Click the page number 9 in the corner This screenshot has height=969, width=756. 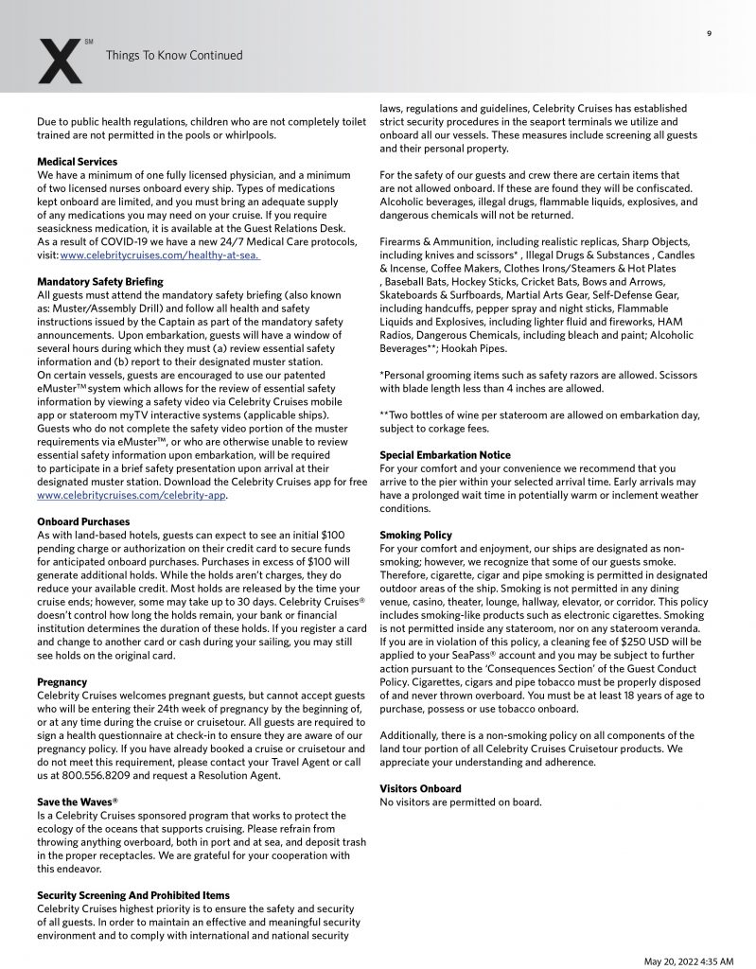[x=709, y=34]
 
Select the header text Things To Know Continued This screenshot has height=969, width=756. [x=174, y=56]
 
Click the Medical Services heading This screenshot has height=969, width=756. [x=78, y=163]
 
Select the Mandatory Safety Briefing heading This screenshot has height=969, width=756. [x=100, y=282]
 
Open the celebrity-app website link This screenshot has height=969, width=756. [x=132, y=495]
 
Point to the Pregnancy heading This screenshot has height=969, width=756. [x=62, y=682]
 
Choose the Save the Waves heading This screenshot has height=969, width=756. [x=78, y=802]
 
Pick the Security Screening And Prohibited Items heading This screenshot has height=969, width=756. [x=133, y=894]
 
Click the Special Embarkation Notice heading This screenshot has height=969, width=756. [x=445, y=455]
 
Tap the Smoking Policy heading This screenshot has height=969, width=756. [x=416, y=536]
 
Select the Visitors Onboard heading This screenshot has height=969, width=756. [x=421, y=788]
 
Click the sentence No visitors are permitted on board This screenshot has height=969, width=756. [x=461, y=802]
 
